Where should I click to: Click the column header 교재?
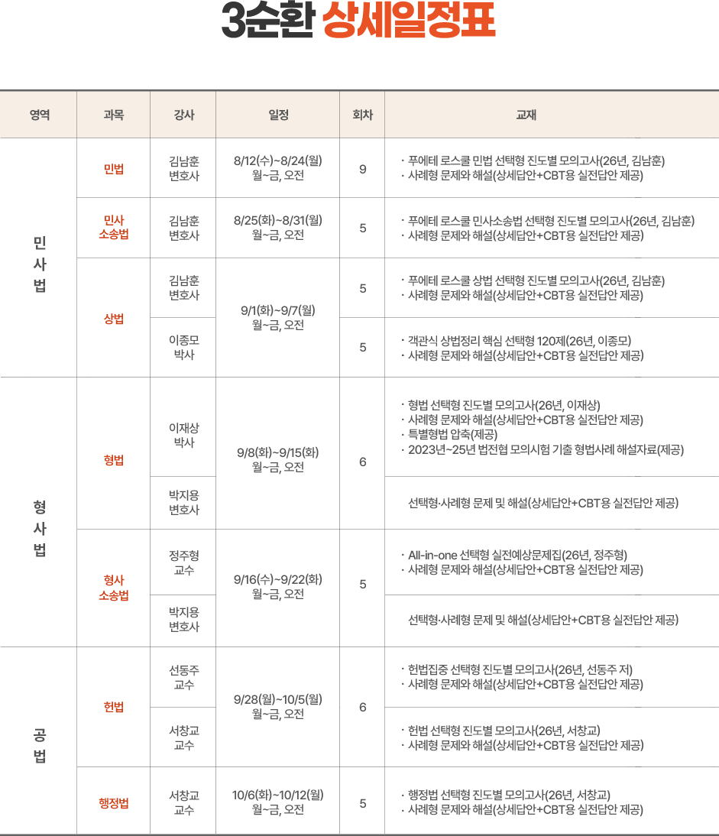click(526, 115)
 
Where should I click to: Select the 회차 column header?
click(362, 115)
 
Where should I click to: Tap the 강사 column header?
click(184, 115)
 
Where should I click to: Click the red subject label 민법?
click(114, 169)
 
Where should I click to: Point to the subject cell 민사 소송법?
click(114, 228)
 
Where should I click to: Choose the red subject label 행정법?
click(114, 803)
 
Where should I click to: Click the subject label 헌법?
click(114, 707)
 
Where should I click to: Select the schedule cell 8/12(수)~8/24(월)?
click(277, 160)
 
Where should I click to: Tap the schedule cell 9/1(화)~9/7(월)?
click(277, 310)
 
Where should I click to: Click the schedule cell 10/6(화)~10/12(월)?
click(277, 795)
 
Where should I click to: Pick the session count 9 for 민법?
click(362, 170)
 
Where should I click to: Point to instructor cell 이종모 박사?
click(184, 347)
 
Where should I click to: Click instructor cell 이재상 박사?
click(184, 435)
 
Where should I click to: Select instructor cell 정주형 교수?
click(184, 562)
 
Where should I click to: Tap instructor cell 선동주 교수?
click(184, 677)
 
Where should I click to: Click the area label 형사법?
click(40, 528)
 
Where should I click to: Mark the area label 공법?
click(40, 745)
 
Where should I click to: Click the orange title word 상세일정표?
click(409, 21)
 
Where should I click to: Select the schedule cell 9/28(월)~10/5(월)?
click(277, 699)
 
